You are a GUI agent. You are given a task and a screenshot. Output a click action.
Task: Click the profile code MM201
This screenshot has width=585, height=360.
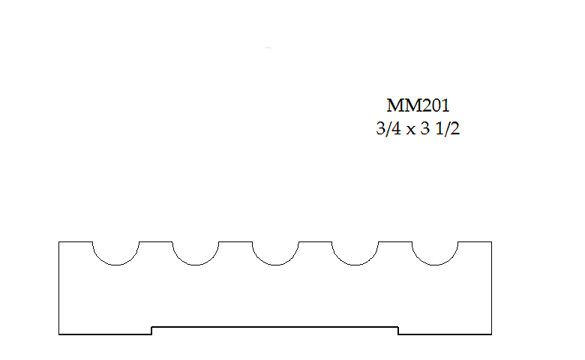click(418, 105)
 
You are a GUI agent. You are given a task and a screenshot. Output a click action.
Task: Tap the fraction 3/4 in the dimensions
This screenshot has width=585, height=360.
click(388, 129)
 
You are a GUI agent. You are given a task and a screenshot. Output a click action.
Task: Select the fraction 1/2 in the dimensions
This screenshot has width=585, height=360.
click(448, 129)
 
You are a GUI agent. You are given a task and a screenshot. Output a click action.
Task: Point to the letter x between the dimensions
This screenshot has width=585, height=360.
click(410, 130)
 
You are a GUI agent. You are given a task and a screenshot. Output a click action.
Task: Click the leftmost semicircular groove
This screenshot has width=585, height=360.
click(116, 265)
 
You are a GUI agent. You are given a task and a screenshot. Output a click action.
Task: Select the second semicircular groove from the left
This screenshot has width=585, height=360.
click(196, 265)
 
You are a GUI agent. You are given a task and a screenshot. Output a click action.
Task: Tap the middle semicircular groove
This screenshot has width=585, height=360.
click(275, 265)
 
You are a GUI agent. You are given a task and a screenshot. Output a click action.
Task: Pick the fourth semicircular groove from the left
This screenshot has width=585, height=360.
click(355, 265)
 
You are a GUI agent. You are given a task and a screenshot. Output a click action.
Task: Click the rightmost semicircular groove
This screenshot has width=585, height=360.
click(435, 265)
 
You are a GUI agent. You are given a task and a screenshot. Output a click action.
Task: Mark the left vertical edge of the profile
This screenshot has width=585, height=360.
click(59, 288)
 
